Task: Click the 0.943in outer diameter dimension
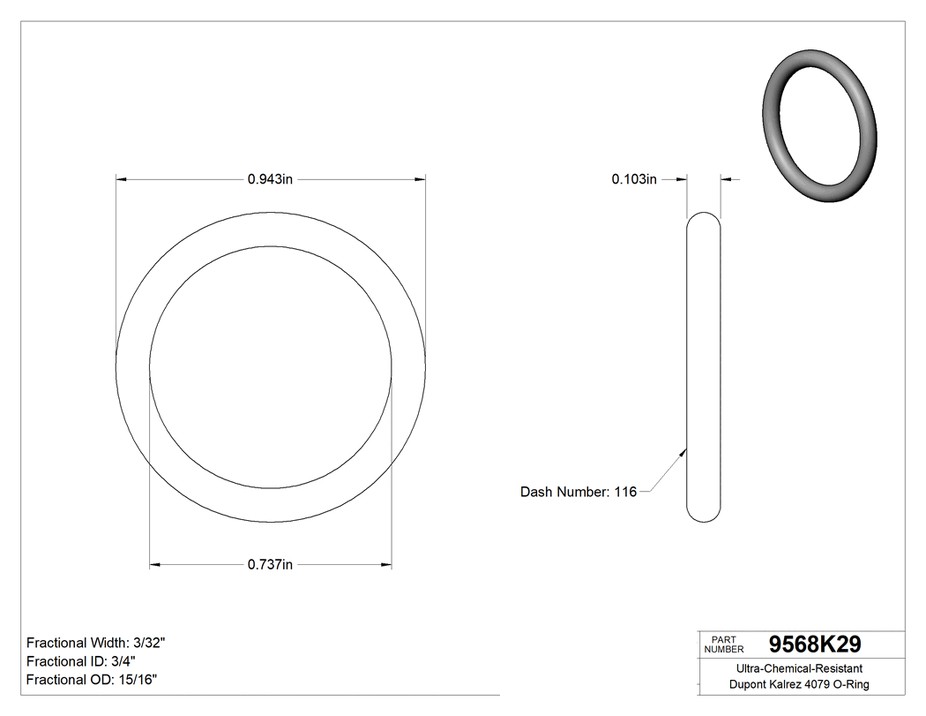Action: (x=270, y=179)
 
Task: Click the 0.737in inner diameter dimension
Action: (x=270, y=564)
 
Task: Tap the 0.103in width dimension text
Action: (x=634, y=179)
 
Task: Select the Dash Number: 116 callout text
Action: (x=578, y=492)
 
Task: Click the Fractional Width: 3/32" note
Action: (x=96, y=643)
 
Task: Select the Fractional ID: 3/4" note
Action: (x=81, y=661)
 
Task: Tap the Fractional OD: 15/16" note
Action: (x=93, y=680)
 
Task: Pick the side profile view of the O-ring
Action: (x=703, y=366)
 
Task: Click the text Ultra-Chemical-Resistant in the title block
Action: (x=799, y=668)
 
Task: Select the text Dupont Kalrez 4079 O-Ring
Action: (x=799, y=685)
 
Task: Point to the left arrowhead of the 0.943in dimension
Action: (x=122, y=179)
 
